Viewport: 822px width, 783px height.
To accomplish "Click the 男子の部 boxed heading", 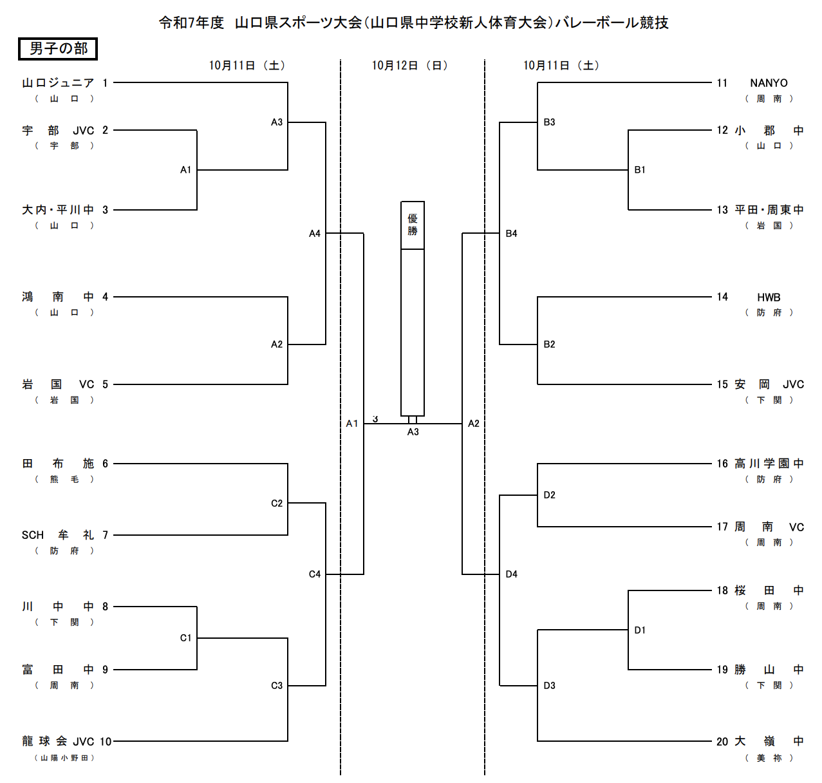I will [58, 49].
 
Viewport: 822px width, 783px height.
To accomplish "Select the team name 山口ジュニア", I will [58, 83].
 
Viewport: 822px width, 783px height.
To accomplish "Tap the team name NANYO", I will [769, 83].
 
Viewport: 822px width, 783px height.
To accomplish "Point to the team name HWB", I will [769, 297].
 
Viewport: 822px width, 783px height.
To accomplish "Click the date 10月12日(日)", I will [410, 66].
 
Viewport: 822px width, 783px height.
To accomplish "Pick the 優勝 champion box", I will [413, 225].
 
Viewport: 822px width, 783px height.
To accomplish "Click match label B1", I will [640, 170].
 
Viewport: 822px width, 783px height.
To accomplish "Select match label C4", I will [315, 574].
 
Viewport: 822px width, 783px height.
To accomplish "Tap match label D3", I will [549, 686].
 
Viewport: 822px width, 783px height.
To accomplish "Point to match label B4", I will [511, 234].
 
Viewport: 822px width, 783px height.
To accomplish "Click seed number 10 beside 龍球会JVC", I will [106, 742].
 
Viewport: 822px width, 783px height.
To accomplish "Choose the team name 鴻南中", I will [58, 297].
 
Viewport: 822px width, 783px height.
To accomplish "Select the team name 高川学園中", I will [769, 464].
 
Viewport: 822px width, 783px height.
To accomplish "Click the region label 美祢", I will [769, 758].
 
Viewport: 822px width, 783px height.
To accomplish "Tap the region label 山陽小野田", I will [64, 758].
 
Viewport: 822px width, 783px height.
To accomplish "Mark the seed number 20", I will [722, 742].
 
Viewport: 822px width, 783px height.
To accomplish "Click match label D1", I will [640, 630].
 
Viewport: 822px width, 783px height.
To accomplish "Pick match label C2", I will [277, 504].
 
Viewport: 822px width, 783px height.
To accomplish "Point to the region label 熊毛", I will [64, 479].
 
